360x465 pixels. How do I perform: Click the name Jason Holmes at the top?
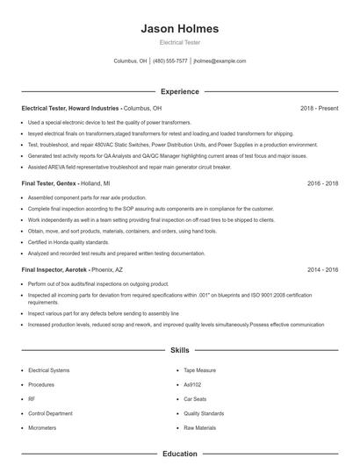pos(179,29)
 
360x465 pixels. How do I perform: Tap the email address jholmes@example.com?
pos(220,61)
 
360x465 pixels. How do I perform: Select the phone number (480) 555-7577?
pos(170,61)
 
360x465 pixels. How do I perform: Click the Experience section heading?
pos(179,91)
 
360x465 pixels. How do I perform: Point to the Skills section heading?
pos(179,350)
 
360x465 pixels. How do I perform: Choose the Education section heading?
pos(179,454)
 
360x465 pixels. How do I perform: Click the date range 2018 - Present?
pos(319,108)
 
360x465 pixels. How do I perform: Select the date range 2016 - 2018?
pos(322,184)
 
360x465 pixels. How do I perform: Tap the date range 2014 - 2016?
pos(322,271)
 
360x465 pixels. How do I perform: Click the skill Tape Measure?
pos(198,370)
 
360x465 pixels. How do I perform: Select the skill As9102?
pos(193,384)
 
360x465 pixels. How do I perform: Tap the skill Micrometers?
pos(43,427)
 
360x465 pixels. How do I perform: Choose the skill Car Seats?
pos(195,398)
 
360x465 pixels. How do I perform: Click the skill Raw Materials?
pos(199,427)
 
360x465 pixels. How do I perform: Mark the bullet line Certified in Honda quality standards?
pos(68,241)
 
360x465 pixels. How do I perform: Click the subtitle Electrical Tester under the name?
pos(179,42)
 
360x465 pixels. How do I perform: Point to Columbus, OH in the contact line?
pos(130,61)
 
